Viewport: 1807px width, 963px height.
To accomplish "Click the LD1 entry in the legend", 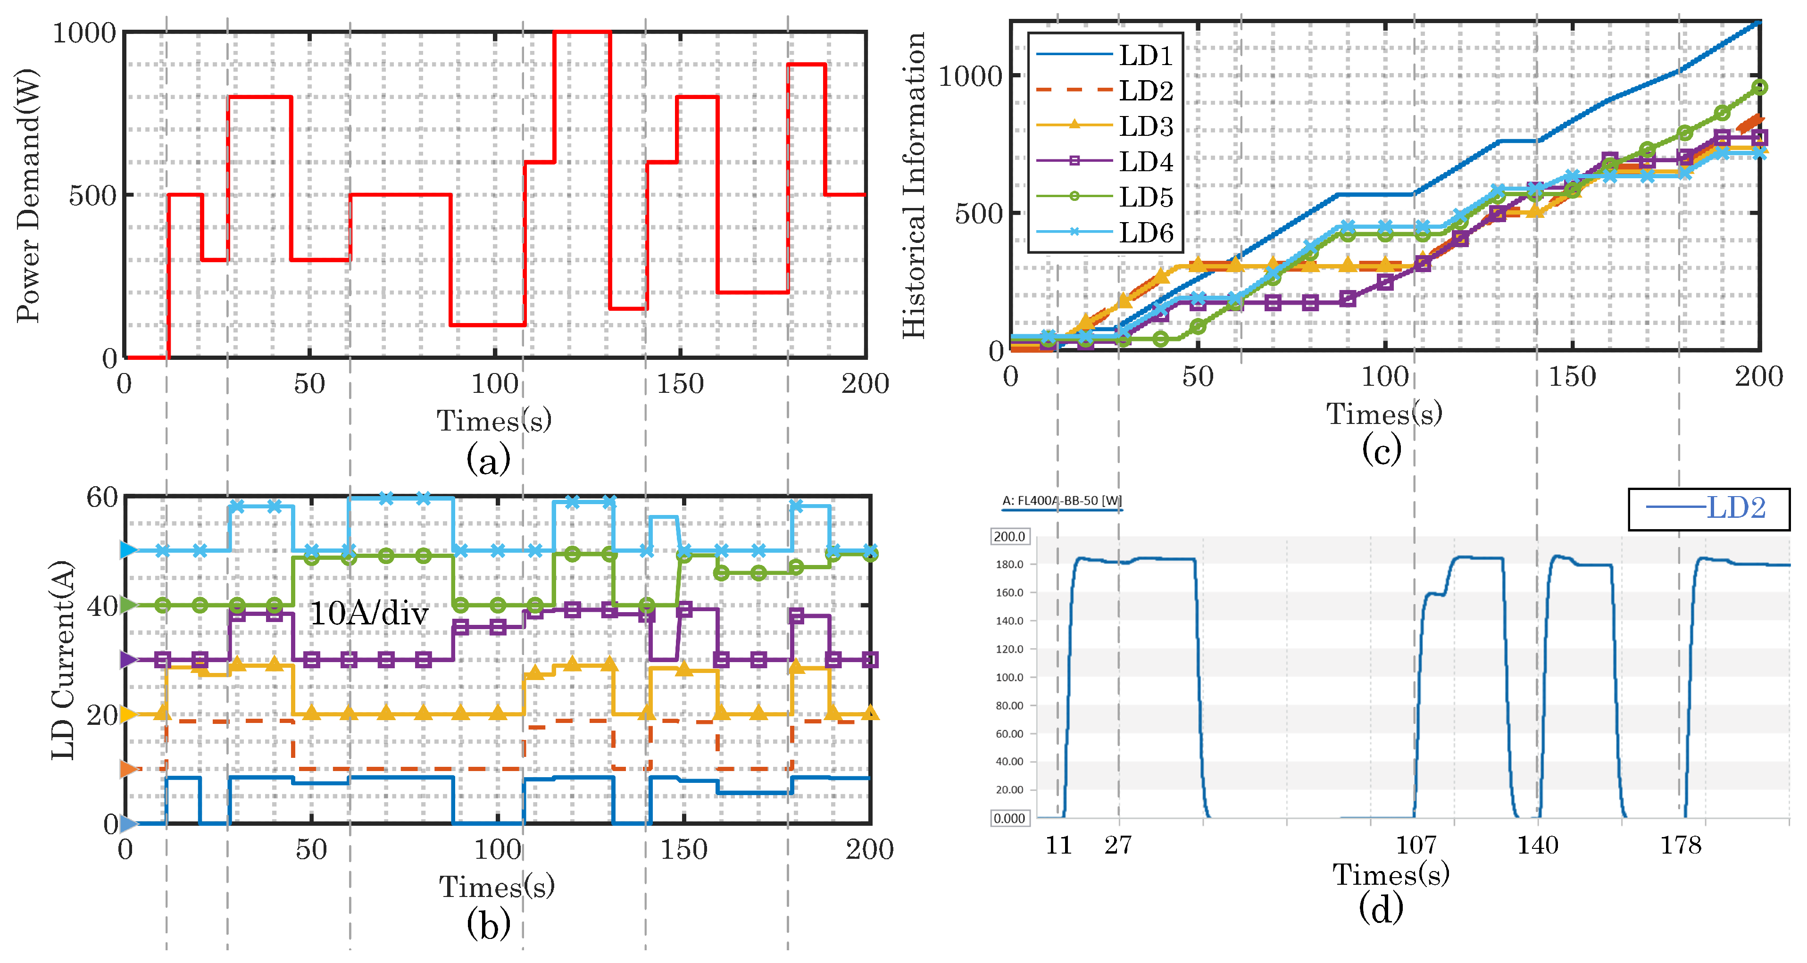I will pos(1145,55).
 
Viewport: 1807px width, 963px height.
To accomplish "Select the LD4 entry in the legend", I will pos(1145,161).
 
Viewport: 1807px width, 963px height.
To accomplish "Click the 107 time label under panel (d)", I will pos(1416,845).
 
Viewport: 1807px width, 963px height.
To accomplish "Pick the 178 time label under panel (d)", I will pos(1681,845).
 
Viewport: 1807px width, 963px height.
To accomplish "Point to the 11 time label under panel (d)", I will pos(1058,845).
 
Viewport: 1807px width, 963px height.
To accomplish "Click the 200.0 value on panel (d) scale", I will pos(1009,537).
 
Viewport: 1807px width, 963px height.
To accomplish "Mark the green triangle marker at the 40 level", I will pos(128,605).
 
